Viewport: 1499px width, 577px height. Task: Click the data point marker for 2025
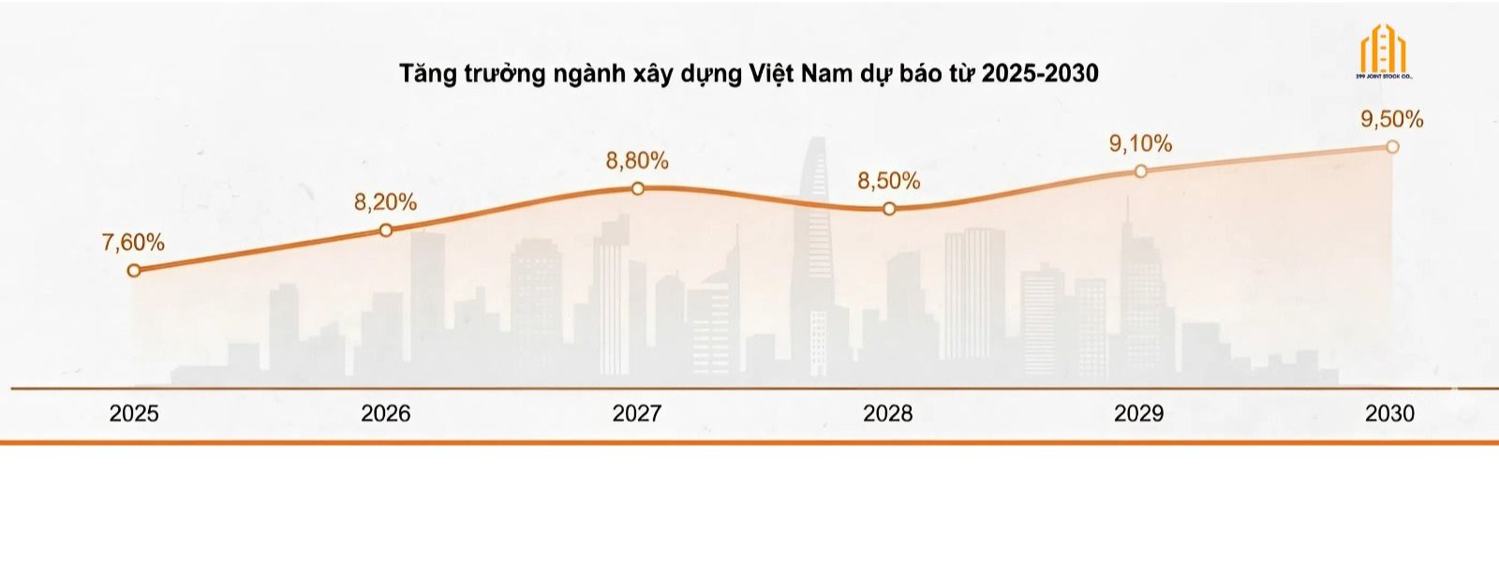click(x=134, y=271)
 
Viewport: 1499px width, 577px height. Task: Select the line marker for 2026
click(x=386, y=229)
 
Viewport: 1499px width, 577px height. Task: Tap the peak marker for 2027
click(x=638, y=188)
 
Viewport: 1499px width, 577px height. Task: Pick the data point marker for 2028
click(x=889, y=209)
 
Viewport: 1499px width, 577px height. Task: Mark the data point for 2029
click(x=1141, y=171)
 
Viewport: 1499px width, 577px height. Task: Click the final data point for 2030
click(x=1392, y=147)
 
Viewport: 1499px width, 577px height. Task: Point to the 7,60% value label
click(x=133, y=243)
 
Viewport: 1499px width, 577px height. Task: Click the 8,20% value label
click(x=385, y=202)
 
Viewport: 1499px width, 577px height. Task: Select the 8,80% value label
click(x=637, y=161)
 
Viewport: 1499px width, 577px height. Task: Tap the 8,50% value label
click(x=889, y=181)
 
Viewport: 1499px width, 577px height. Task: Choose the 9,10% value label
click(x=1140, y=144)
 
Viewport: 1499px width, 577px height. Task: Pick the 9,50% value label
click(x=1392, y=119)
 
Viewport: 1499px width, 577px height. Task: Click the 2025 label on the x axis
click(x=134, y=413)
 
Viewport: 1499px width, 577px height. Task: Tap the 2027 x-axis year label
click(x=637, y=413)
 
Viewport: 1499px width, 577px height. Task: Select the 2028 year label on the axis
click(x=888, y=413)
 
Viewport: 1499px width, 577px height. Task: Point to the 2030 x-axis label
click(x=1390, y=413)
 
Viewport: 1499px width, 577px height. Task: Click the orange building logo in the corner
click(x=1384, y=52)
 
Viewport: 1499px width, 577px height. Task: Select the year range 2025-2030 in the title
click(x=1040, y=73)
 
